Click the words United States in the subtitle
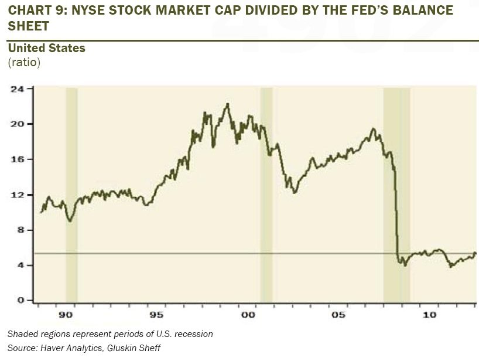(x=47, y=48)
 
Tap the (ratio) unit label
(x=24, y=62)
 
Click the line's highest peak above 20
(x=227, y=104)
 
